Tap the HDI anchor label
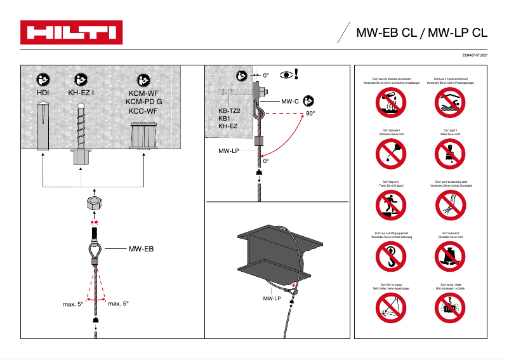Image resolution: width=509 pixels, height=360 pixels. [x=43, y=93]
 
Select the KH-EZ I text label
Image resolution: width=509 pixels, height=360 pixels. [x=81, y=93]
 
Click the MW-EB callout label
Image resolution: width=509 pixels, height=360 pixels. [x=141, y=249]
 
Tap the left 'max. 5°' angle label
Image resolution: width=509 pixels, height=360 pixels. [x=73, y=304]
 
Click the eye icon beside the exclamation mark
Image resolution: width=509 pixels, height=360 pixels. [x=286, y=75]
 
